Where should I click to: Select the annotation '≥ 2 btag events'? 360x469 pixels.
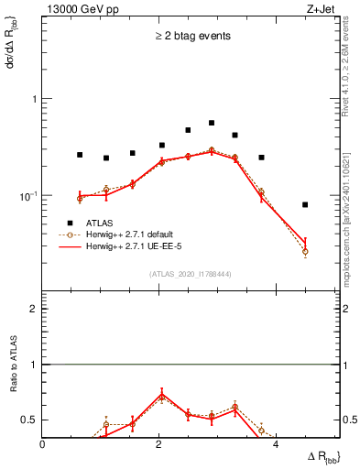[191, 37]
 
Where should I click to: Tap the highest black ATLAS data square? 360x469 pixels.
[212, 123]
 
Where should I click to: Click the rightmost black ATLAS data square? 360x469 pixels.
[305, 204]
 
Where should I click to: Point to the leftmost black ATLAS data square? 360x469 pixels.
[80, 155]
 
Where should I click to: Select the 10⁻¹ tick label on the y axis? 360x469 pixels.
[29, 196]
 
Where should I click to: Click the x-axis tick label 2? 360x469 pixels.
[159, 444]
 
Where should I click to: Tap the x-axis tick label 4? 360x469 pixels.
[277, 444]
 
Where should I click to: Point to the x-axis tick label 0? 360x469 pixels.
[43, 444]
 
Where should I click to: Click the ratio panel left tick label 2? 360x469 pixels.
[35, 309]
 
